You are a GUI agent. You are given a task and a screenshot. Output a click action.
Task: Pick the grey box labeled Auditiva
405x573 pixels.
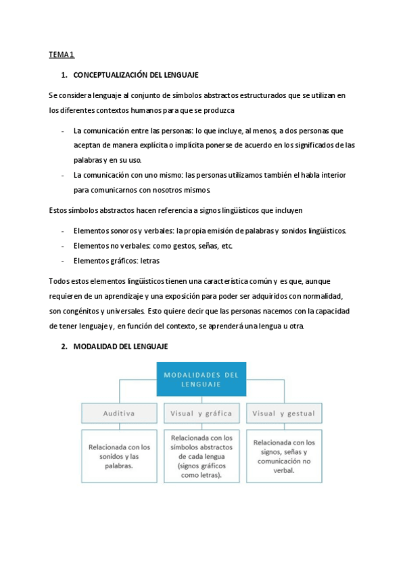coord(119,413)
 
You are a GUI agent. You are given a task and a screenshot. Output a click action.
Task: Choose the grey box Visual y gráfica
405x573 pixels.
coord(201,413)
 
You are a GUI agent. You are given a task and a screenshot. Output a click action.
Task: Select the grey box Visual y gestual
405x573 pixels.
coord(283,413)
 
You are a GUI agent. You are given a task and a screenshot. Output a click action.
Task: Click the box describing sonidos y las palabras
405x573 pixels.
coord(119,456)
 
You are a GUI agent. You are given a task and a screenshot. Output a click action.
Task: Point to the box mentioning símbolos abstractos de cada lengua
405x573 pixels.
coord(201,456)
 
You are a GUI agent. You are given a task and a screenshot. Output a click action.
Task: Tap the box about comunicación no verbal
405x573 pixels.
coord(283,456)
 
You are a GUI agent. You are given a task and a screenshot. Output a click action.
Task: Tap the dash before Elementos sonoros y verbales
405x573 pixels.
coord(62,231)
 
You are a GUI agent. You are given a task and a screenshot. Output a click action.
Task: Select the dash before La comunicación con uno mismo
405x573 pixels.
coord(62,175)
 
